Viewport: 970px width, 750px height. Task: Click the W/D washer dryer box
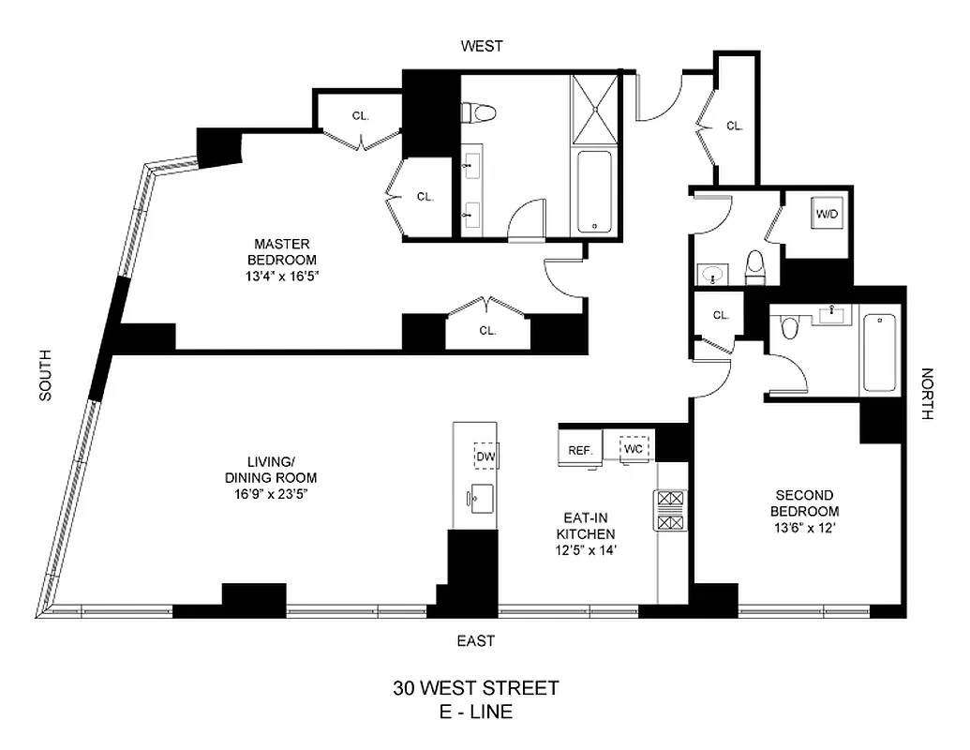pyautogui.click(x=827, y=215)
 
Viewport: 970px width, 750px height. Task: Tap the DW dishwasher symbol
pyautogui.click(x=485, y=457)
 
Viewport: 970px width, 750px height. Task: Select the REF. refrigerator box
pyautogui.click(x=580, y=450)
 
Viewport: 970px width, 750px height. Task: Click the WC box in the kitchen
pyautogui.click(x=633, y=449)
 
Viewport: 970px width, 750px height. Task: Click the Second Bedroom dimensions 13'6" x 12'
pyautogui.click(x=804, y=529)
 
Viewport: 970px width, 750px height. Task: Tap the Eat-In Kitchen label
pyautogui.click(x=589, y=525)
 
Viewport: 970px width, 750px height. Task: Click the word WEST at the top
pyautogui.click(x=482, y=46)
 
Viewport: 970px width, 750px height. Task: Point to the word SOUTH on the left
pyautogui.click(x=45, y=376)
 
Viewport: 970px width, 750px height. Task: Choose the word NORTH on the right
pyautogui.click(x=927, y=393)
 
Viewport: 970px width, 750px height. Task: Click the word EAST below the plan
pyautogui.click(x=475, y=641)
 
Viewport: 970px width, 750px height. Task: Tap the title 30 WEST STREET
pyautogui.click(x=476, y=688)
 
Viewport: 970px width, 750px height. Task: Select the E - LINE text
pyautogui.click(x=476, y=712)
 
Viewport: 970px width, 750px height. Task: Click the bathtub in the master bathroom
pyautogui.click(x=594, y=192)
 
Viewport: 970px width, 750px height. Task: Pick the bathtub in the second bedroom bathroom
pyautogui.click(x=879, y=352)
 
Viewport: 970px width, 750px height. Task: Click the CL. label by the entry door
pyautogui.click(x=734, y=126)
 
